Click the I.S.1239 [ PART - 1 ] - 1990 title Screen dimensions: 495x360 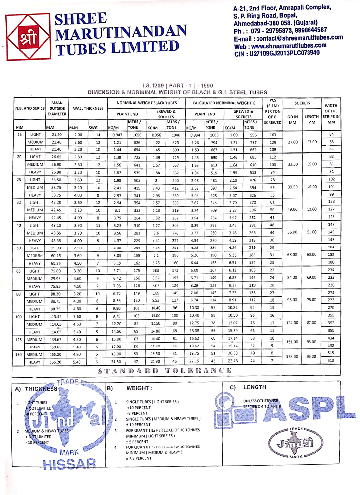coord(177,86)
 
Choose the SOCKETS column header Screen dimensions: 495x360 coord(302,103)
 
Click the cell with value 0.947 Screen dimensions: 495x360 coord(117,135)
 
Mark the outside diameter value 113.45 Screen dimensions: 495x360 coord(58,315)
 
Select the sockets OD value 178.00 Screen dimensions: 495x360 coord(293,357)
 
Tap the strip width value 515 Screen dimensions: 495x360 coord(331,353)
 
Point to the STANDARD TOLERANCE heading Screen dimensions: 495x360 coord(164,370)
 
